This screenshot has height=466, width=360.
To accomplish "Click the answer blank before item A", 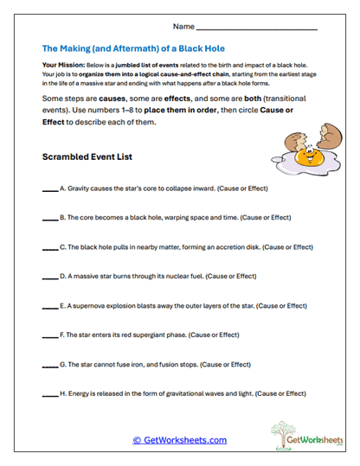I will click(48, 188).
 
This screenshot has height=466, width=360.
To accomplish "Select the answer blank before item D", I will click(48, 277).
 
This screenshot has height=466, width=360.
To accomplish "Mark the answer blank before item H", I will click(48, 394).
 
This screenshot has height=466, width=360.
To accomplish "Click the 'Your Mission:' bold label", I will click(61, 66).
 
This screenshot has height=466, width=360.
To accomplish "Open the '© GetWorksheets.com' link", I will click(179, 440).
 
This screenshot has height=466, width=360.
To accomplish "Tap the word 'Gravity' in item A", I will click(80, 188).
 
